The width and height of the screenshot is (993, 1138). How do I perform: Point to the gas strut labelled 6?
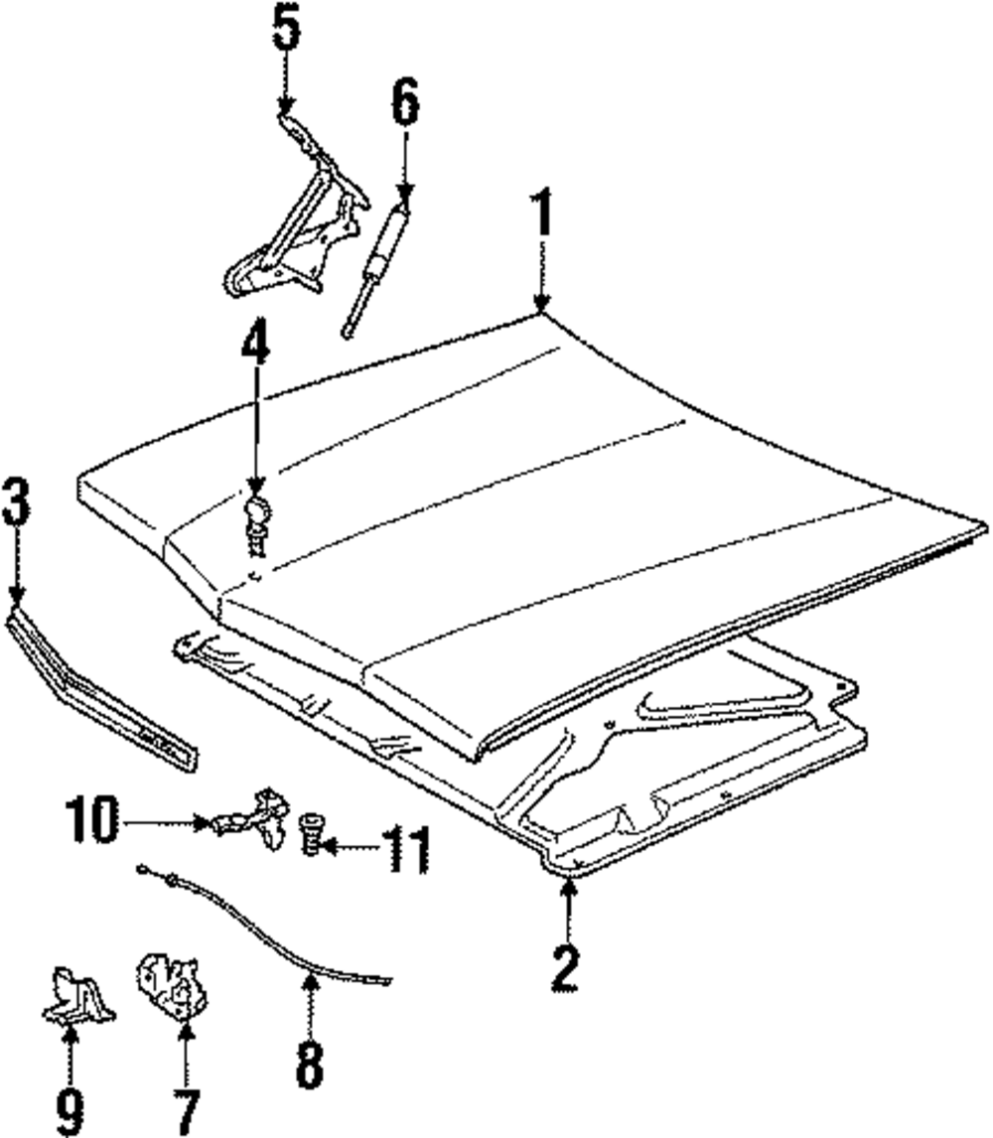(x=380, y=260)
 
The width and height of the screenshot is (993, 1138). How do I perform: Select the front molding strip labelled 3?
(x=99, y=688)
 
